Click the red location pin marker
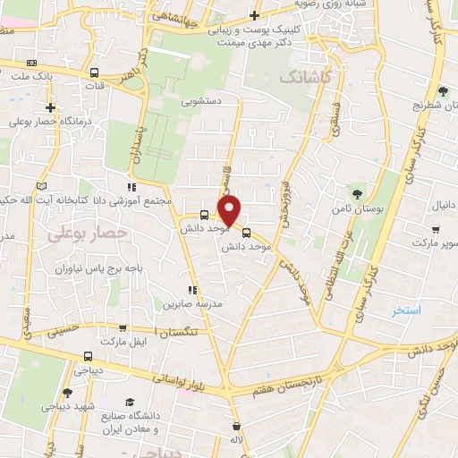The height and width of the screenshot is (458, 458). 231,211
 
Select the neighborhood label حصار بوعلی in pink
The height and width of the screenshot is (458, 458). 87,233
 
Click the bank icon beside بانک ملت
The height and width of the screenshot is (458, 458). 33,63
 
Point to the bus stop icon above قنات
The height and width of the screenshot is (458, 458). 94,72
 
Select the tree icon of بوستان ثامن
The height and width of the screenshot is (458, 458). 357,193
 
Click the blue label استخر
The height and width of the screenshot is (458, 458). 405,310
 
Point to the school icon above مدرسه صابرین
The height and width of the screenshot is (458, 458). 191,290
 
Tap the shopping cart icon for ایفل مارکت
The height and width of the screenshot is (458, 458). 123,328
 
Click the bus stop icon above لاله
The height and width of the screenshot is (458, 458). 236,426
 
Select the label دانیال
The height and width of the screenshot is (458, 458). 444,206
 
